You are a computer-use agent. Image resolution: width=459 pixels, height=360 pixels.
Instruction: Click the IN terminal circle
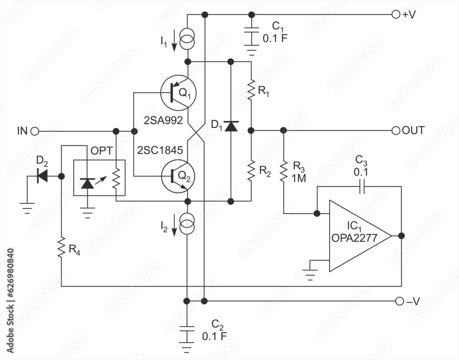coord(34,131)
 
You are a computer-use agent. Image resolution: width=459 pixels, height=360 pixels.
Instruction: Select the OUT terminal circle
coord(396,131)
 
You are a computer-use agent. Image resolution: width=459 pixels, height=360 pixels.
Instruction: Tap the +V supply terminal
coord(396,15)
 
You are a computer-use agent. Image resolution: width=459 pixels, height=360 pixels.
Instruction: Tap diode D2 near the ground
coord(43,175)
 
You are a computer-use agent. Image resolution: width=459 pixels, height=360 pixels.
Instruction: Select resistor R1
coord(251,90)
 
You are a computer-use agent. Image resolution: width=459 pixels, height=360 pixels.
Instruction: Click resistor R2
coord(251,170)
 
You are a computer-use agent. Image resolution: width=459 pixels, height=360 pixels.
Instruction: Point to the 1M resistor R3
coord(284,171)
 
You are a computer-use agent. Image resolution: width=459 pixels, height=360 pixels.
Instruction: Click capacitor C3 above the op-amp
coord(361,187)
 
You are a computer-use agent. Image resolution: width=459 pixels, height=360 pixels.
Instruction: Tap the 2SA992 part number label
coord(163,122)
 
